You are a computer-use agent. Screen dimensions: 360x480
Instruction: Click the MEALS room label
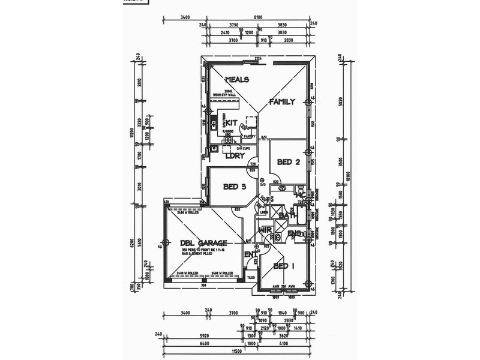(x=237, y=80)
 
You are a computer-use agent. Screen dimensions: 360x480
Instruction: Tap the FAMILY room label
(x=281, y=102)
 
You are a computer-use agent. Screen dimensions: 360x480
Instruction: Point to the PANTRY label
(x=250, y=136)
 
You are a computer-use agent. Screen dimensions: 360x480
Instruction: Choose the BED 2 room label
(x=289, y=162)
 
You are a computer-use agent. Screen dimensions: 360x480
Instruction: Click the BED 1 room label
(x=284, y=265)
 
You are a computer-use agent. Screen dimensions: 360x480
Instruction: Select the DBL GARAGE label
(x=203, y=243)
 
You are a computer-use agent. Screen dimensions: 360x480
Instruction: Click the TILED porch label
(x=251, y=277)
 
